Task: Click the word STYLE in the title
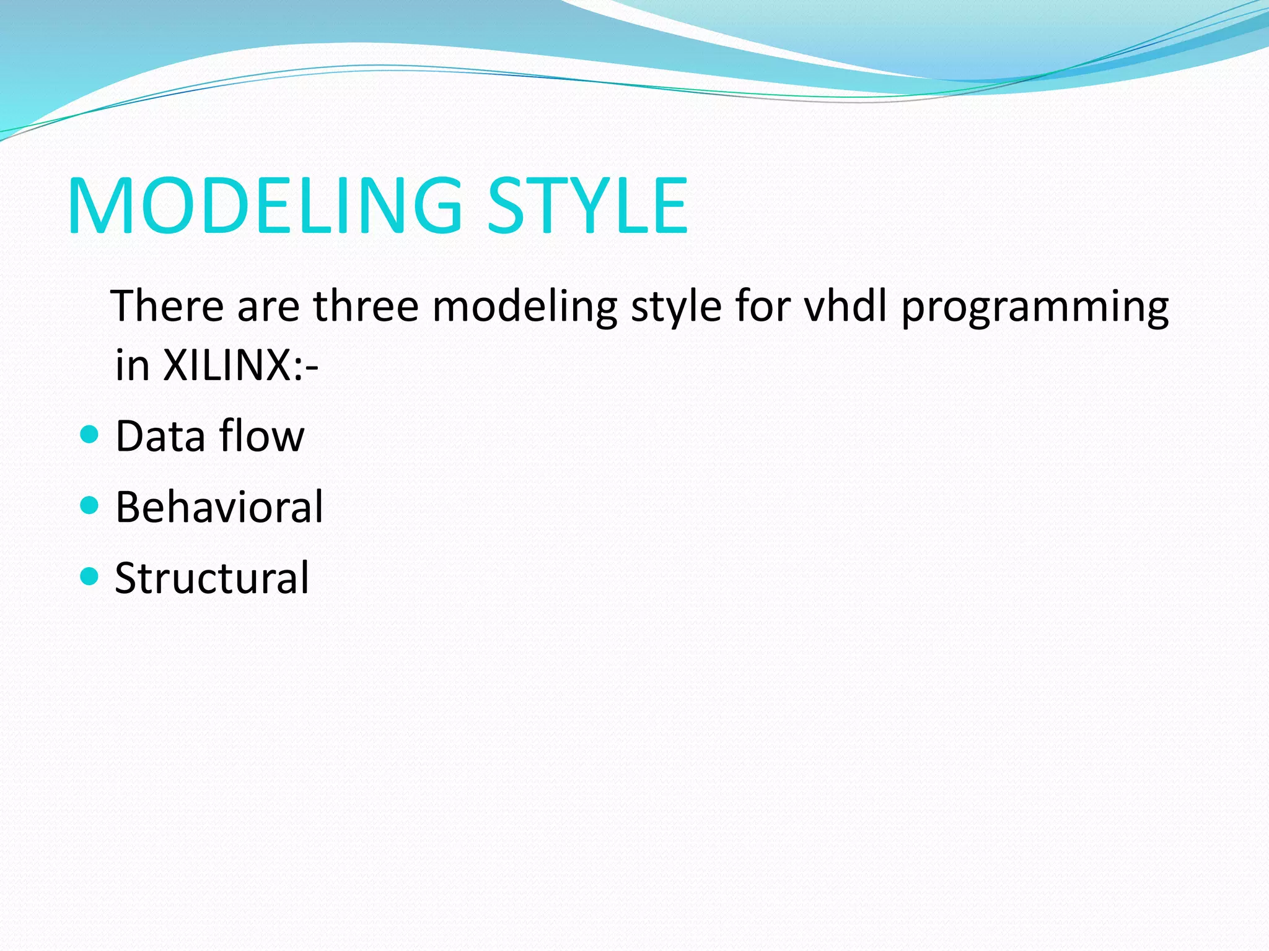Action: (x=587, y=206)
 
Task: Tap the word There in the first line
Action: (x=167, y=306)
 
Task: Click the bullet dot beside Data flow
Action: (x=90, y=435)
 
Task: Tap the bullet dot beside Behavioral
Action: (x=90, y=506)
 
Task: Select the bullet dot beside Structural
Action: (x=90, y=577)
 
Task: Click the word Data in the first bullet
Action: (x=160, y=436)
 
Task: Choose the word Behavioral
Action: (x=219, y=507)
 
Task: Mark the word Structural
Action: (x=212, y=578)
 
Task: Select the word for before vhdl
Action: (x=762, y=306)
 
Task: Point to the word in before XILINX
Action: (x=133, y=365)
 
